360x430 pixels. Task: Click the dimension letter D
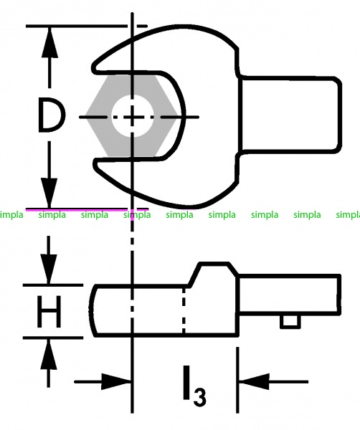coord(51,115)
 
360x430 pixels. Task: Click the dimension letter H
coord(49,312)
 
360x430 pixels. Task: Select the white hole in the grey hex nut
coord(133,116)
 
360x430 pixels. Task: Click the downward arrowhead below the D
coord(49,193)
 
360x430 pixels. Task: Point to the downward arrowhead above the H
coord(49,269)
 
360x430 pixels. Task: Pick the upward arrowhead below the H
coord(49,354)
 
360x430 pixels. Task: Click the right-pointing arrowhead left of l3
coord(115,381)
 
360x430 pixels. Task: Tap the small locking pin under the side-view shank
coord(290,321)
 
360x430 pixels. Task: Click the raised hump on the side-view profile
coord(213,270)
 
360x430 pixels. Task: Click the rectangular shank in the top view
coord(290,114)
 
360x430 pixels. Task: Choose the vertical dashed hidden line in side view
coord(184,310)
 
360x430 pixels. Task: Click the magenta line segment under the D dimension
coord(87,209)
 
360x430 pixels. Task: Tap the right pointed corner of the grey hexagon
coord(179,116)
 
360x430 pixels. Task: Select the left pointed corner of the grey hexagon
coord(86,116)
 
